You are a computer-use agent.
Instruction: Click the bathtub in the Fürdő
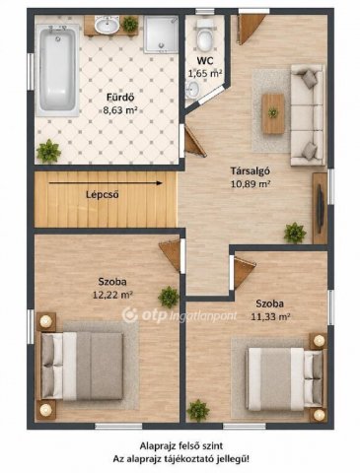tap(59, 70)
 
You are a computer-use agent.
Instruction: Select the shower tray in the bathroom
tap(161, 34)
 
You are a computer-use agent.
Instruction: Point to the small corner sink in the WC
tap(192, 89)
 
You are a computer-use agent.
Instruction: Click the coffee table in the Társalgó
tap(273, 113)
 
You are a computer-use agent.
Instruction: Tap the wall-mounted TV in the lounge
tap(321, 209)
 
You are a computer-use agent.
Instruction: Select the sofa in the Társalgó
tap(308, 114)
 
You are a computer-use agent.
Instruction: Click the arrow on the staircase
tap(106, 183)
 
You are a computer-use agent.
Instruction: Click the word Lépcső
tap(103, 195)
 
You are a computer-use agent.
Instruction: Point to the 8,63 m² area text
tap(120, 110)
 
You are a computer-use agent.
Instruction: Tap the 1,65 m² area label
tap(205, 73)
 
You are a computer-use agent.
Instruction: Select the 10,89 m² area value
tap(251, 184)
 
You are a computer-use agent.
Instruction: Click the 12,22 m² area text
tap(112, 295)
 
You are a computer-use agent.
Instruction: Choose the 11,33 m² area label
tap(270, 316)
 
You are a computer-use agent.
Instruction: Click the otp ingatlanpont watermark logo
tap(180, 315)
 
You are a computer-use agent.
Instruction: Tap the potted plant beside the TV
tap(295, 233)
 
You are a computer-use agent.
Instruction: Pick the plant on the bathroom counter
tap(130, 24)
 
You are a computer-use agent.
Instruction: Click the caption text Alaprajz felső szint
tap(181, 445)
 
